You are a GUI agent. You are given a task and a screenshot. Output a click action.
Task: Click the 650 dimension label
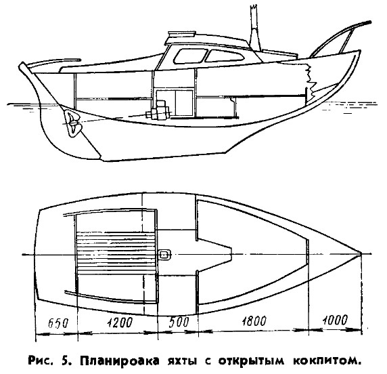point(58,323)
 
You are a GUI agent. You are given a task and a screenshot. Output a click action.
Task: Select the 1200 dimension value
point(120,323)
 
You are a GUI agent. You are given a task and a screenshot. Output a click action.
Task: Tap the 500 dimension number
point(179,322)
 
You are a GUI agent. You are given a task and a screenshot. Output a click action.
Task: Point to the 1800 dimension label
point(254,321)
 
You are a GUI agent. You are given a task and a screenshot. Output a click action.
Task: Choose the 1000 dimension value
point(335,320)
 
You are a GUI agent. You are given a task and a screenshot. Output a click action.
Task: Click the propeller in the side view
point(72,123)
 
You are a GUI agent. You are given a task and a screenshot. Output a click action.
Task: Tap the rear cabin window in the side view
point(190,56)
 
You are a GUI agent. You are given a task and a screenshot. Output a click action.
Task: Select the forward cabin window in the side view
point(225,56)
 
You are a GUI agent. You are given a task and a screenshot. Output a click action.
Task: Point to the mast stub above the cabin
point(255,29)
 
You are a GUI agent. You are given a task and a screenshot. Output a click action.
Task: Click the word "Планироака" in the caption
point(120,361)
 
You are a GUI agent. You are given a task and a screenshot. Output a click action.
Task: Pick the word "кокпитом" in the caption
point(327,362)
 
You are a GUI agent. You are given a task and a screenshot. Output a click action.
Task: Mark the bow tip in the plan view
point(361,254)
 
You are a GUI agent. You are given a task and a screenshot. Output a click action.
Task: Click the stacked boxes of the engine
point(158,110)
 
